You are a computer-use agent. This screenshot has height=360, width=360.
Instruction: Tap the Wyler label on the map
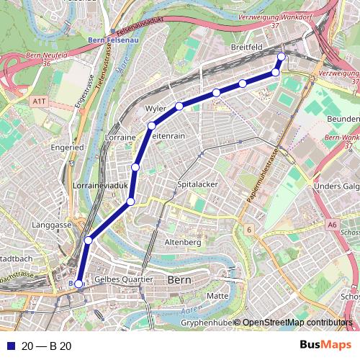[x=156, y=108]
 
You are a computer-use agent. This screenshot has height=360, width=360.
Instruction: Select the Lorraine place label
[x=120, y=137]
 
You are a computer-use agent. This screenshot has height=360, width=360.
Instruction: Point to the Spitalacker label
[x=197, y=185]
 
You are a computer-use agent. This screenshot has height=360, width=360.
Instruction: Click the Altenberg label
[x=183, y=242]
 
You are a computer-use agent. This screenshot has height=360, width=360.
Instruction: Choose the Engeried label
[x=68, y=147]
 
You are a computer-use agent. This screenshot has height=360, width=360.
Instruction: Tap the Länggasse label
[x=52, y=225]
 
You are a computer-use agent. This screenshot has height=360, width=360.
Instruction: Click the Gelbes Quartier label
[x=124, y=279]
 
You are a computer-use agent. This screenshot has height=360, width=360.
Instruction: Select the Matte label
[x=217, y=296]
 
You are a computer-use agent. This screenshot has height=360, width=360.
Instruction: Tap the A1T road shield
[x=39, y=102]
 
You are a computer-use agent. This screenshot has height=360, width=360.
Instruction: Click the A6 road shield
[x=331, y=225]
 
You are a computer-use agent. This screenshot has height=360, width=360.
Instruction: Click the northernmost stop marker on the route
[x=281, y=57]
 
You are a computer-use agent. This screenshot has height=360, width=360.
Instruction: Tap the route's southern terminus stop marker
[x=78, y=284]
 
